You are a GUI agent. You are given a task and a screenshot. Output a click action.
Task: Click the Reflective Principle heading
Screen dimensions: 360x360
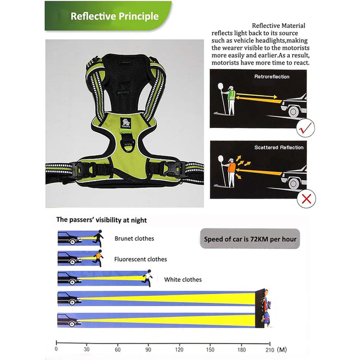(x=114, y=16)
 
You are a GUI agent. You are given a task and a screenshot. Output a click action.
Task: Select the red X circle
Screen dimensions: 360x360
(x=307, y=197)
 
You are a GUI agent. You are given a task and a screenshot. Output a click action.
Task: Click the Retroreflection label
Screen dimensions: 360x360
(x=272, y=77)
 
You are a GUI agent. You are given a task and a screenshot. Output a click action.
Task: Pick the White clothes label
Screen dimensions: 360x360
(x=183, y=280)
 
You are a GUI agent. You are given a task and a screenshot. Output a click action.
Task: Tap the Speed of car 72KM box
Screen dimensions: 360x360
(x=249, y=239)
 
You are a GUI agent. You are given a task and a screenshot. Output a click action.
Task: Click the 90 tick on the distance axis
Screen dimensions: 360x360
(x=149, y=345)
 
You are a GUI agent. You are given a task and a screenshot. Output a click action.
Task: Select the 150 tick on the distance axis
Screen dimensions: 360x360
(x=211, y=345)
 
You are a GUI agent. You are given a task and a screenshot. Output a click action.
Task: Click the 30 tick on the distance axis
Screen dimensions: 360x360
(x=87, y=345)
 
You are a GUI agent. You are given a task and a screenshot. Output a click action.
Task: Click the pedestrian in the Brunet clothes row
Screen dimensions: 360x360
(x=99, y=238)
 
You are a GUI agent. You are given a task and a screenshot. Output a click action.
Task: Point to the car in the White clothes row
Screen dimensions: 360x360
(x=69, y=279)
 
